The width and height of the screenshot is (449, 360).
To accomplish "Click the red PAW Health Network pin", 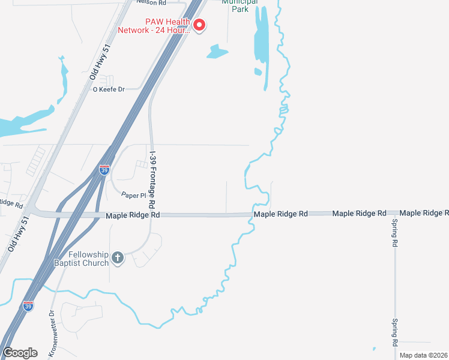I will [x=199, y=25].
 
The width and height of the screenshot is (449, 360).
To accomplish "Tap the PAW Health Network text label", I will [x=154, y=26].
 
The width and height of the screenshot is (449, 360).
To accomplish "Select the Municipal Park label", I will [x=240, y=5].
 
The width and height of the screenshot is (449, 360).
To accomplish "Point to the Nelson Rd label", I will [x=151, y=2].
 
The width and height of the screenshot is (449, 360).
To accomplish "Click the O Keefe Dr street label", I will [x=108, y=89].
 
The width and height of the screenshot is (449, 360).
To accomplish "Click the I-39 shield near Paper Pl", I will [x=104, y=170].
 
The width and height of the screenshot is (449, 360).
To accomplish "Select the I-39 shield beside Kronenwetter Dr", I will [x=28, y=306].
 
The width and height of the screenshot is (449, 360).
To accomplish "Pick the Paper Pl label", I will [x=134, y=196].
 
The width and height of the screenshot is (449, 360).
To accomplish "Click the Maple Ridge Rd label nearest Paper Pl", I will [x=133, y=215].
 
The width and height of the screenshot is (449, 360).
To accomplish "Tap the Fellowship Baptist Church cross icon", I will [x=118, y=258].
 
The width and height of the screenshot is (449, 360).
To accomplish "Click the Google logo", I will [x=20, y=353].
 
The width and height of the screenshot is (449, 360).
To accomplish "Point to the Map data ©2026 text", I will [x=423, y=355].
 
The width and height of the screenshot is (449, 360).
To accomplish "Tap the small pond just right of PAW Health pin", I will [x=217, y=52].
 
